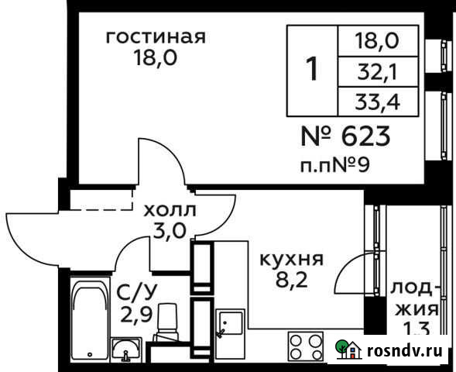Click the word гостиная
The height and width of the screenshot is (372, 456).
[155, 37]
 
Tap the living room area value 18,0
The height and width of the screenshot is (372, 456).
[156, 59]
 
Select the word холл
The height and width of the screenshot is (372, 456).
[170, 209]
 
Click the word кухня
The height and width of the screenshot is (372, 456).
[291, 259]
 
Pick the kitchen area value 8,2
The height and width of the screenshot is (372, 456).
[291, 280]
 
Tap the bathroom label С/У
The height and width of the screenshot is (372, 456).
[133, 292]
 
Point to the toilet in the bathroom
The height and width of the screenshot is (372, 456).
[166, 322]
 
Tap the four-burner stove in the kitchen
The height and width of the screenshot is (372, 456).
[306, 346]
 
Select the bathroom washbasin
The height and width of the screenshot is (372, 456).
[125, 351]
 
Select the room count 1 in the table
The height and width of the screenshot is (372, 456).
[312, 70]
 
